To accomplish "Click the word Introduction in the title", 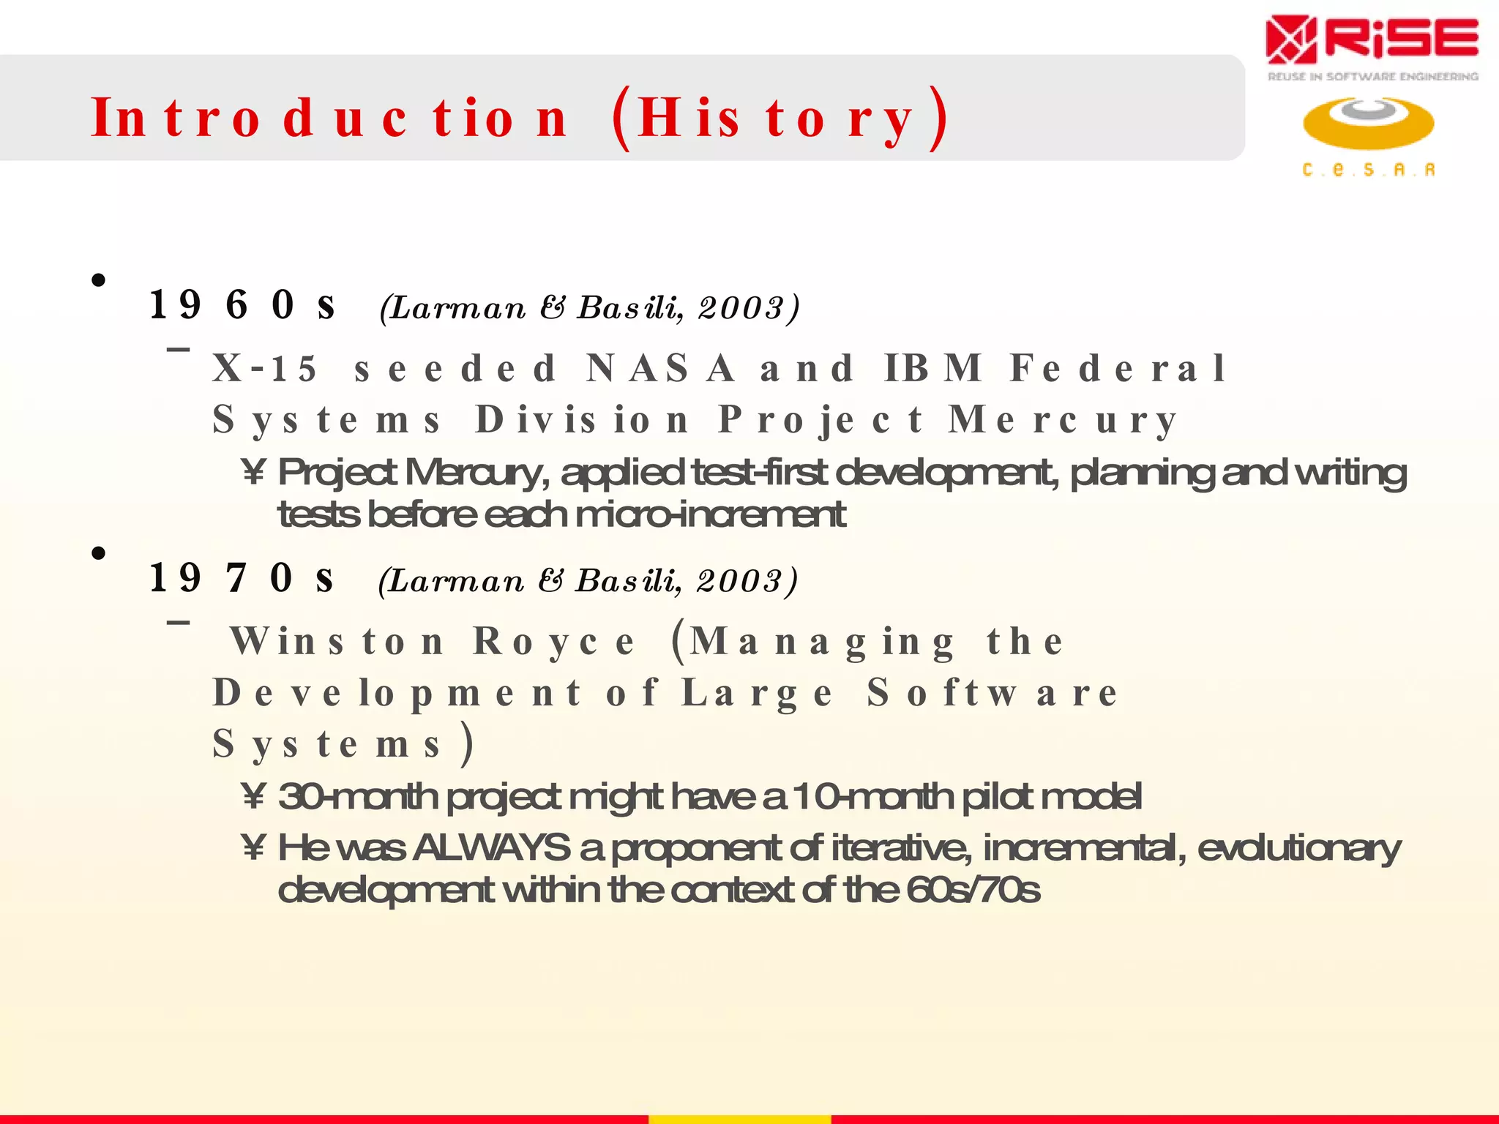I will tap(329, 119).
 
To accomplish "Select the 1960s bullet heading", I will tap(242, 304).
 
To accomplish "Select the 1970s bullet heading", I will tap(242, 578).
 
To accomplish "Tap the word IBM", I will tap(933, 368).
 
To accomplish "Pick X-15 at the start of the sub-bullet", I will tap(265, 368).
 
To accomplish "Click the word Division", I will tap(582, 420).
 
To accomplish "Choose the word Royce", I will tap(554, 642).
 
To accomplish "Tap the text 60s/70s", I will tap(973, 891).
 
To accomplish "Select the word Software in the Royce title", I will tap(993, 693).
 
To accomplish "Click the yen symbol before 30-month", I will tap(253, 797).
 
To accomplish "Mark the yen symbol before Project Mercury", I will tap(253, 473).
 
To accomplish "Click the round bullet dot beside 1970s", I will tap(99, 553).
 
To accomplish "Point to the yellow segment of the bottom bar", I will tap(739, 1119).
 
